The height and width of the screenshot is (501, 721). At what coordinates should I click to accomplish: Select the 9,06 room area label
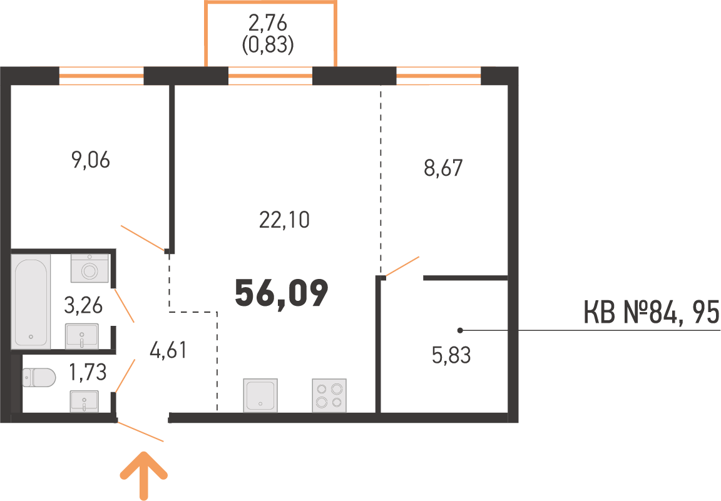tap(91, 161)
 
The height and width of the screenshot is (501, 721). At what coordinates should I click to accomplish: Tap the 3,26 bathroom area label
tap(83, 306)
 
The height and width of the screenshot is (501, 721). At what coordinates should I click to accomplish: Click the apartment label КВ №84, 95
tap(651, 313)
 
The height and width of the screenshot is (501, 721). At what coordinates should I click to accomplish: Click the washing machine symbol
tap(90, 269)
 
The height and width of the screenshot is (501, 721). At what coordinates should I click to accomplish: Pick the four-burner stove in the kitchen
tap(329, 395)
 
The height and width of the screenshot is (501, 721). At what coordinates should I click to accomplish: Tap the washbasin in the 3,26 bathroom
tap(82, 336)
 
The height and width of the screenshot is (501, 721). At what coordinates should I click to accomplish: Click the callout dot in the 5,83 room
tap(460, 330)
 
